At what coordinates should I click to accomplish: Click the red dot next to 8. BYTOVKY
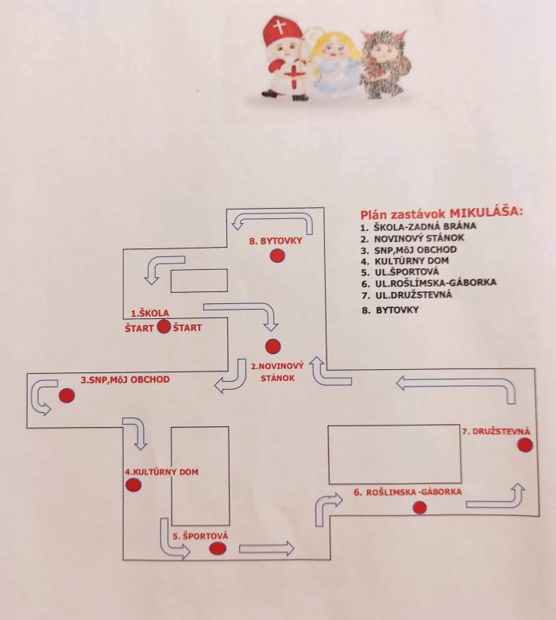pyautogui.click(x=276, y=255)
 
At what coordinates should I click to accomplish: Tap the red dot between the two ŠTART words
pyautogui.click(x=164, y=326)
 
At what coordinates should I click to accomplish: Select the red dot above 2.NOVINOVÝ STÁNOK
pyautogui.click(x=272, y=345)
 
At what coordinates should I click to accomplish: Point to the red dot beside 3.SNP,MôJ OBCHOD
pyautogui.click(x=67, y=395)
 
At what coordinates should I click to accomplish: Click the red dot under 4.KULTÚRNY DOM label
pyautogui.click(x=133, y=486)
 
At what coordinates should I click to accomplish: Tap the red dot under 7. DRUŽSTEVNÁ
pyautogui.click(x=524, y=445)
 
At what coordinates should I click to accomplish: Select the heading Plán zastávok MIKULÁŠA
pyautogui.click(x=442, y=213)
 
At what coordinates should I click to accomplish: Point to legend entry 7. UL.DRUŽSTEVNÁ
pyautogui.click(x=411, y=295)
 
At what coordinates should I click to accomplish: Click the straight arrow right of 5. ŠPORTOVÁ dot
pyautogui.click(x=267, y=549)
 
